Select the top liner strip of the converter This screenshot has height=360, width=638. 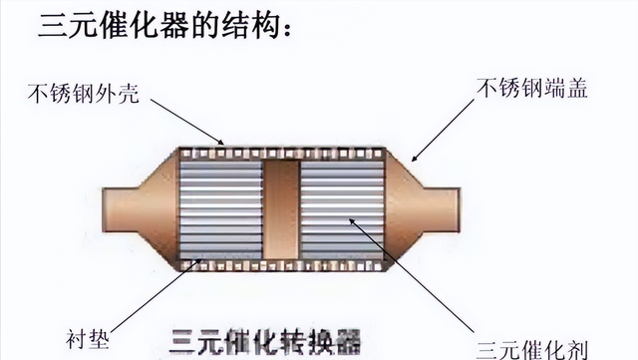pos(282,152)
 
